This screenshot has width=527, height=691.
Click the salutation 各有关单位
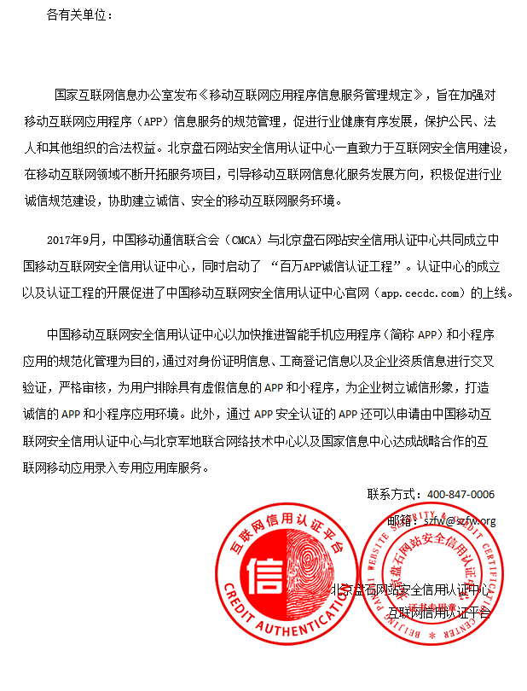79,16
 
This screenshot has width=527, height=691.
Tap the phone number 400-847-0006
460,494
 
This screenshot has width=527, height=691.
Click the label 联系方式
394,494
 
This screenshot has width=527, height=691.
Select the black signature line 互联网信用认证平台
440,612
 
